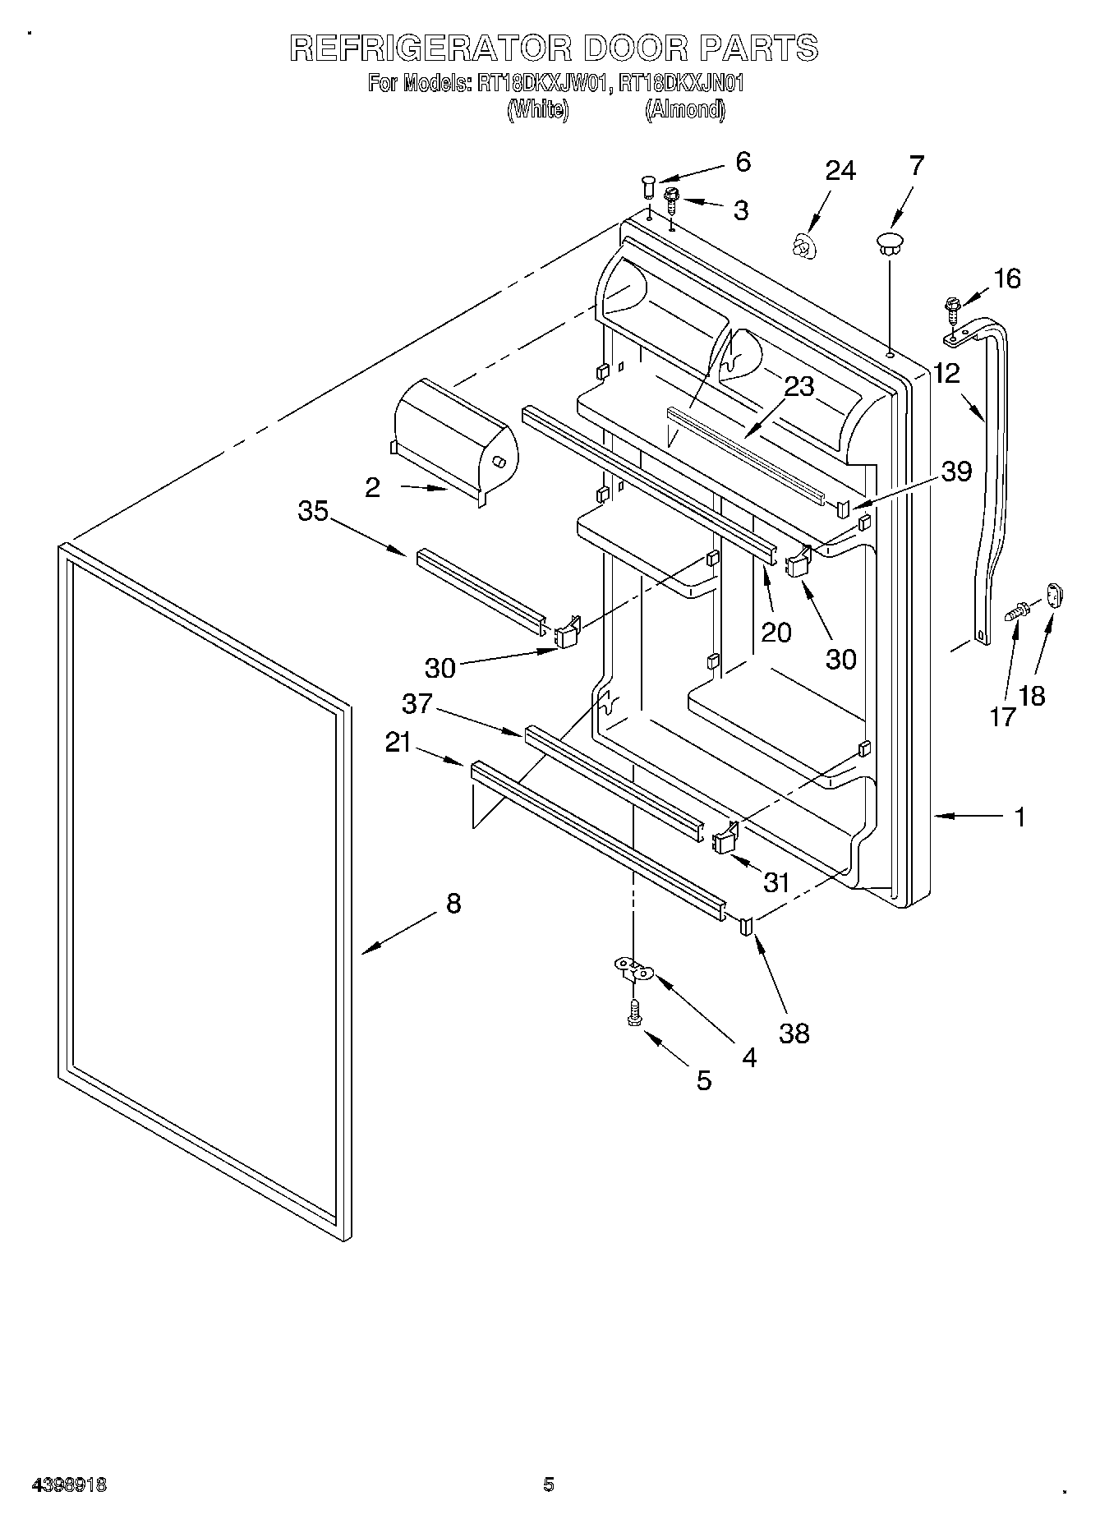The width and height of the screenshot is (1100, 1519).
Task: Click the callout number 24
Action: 840,171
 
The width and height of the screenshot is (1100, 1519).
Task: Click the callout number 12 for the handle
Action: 946,374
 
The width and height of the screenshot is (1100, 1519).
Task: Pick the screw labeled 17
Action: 1018,610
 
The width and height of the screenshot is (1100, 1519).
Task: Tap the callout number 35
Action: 313,511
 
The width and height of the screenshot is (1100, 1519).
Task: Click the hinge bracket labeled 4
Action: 633,969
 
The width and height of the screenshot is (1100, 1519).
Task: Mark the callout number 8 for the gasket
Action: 453,904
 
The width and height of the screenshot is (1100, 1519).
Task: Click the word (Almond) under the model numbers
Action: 684,109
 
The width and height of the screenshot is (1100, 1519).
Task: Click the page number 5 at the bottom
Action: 549,1484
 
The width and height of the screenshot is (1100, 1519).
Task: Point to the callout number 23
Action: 799,386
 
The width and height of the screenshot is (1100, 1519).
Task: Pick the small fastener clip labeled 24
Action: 803,245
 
